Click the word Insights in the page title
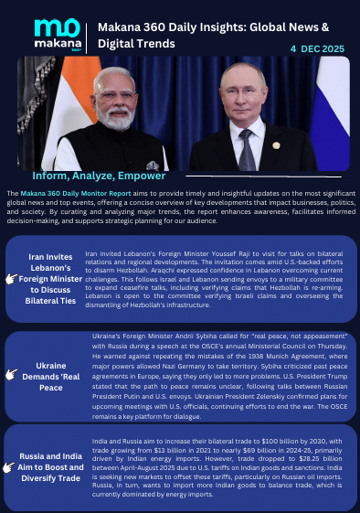[248, 27]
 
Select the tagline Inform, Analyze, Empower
[99, 175]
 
